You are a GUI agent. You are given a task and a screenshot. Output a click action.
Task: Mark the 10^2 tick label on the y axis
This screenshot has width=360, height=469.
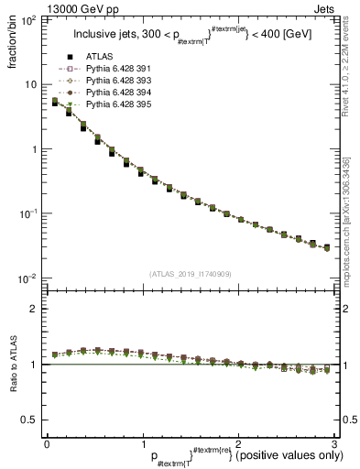point(27,20)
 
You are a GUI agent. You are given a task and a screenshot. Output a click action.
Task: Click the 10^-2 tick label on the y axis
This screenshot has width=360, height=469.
point(27,278)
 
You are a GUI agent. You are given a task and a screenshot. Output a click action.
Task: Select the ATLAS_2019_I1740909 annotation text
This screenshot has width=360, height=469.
point(190,274)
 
